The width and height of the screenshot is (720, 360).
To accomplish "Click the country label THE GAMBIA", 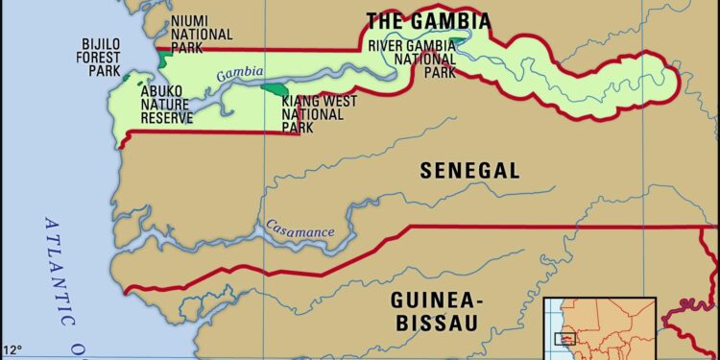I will coord(428,21).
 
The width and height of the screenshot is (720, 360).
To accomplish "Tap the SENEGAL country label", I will coord(469,171).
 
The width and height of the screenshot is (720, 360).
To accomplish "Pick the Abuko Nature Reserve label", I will coord(167,105).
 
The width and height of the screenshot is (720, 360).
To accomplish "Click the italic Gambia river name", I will coord(233,74).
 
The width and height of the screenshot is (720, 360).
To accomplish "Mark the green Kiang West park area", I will coord(275,90).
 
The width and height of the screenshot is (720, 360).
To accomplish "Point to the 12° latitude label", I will coord(12,349).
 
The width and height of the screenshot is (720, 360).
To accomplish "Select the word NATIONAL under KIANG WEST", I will coord(311,113).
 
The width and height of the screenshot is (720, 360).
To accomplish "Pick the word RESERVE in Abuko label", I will coord(167,118).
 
